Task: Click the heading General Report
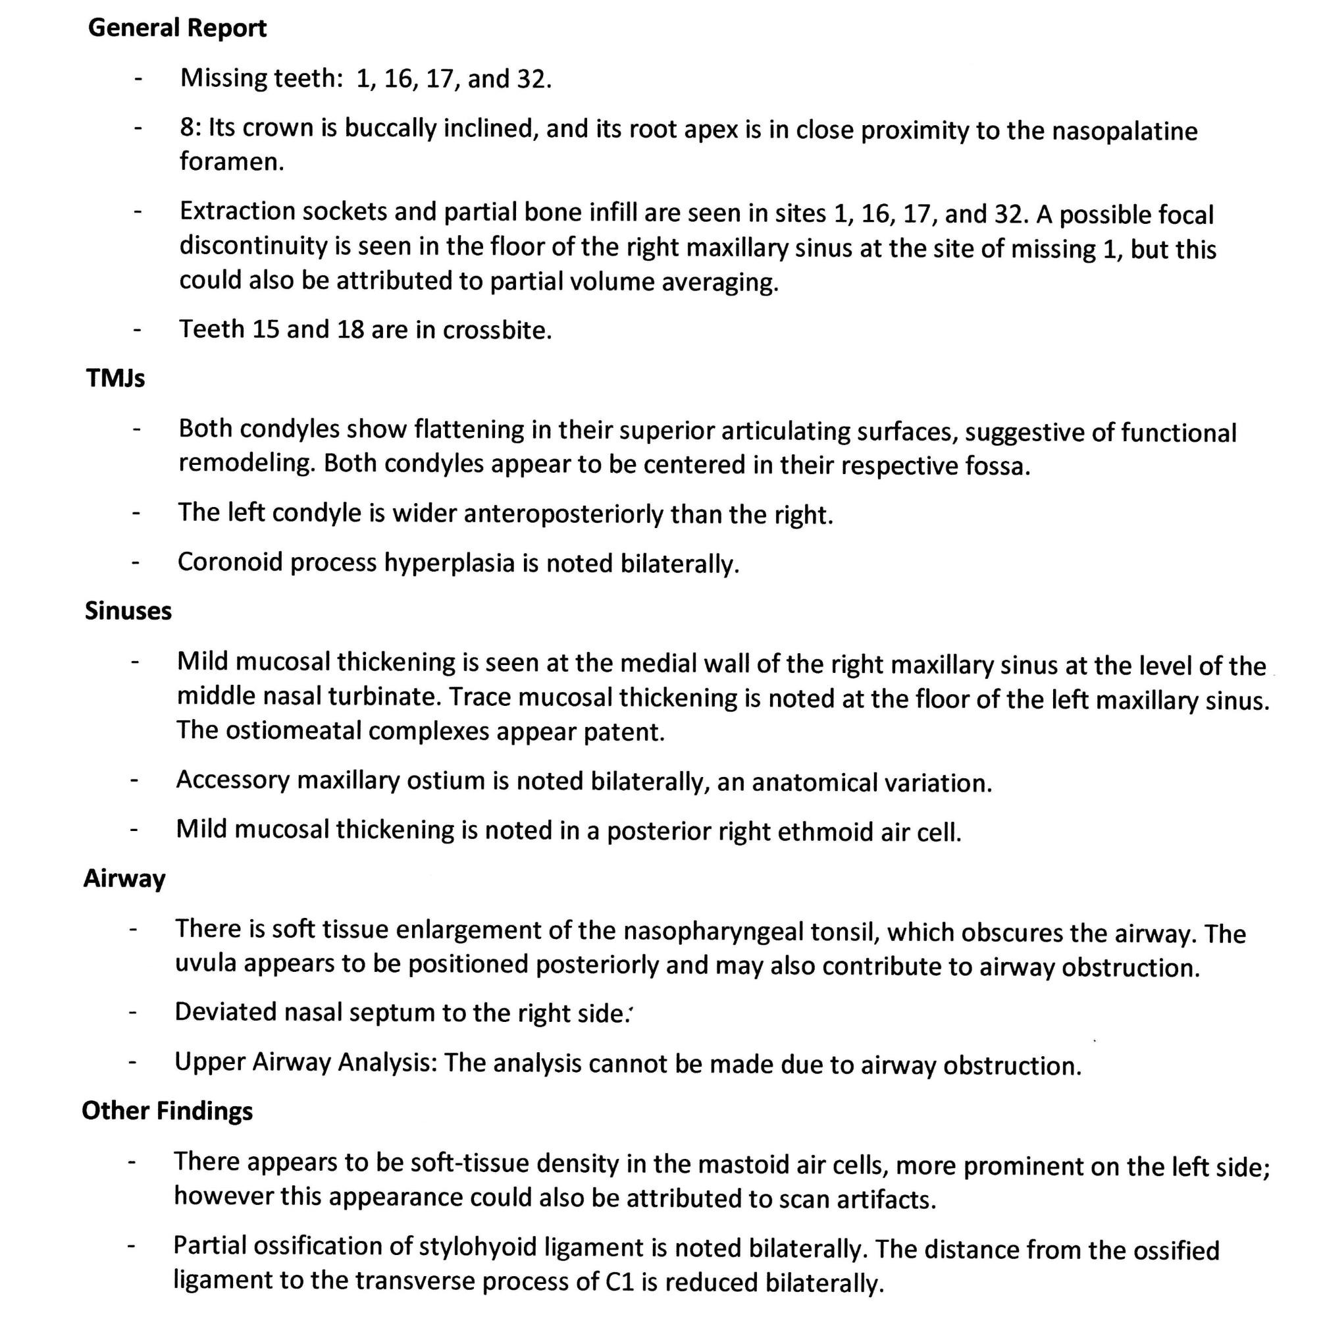click(x=177, y=28)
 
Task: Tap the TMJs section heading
click(x=116, y=379)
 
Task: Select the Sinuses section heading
click(x=128, y=612)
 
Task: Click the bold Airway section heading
click(x=124, y=879)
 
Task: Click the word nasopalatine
click(x=1124, y=132)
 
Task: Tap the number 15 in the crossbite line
click(x=266, y=330)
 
